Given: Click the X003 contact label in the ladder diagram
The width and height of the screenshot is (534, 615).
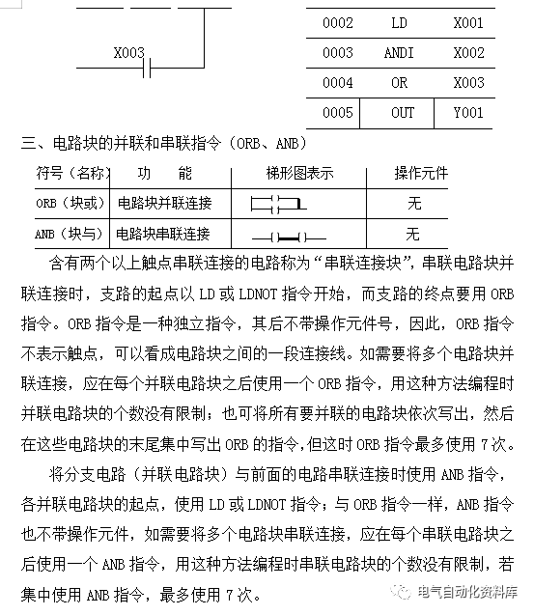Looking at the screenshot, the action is click(128, 52).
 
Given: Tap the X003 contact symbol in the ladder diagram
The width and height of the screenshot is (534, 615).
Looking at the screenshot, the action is click(143, 72).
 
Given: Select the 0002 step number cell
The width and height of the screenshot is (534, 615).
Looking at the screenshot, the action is click(338, 22).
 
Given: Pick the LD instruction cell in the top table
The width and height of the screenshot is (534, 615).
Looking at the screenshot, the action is click(400, 22).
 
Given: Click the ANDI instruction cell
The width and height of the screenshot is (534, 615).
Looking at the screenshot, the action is click(400, 52).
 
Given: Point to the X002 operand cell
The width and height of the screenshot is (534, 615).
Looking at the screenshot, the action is click(468, 52).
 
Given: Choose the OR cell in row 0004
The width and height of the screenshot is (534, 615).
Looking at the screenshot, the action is click(400, 83).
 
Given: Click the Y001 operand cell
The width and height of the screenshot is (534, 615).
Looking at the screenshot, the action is click(468, 113).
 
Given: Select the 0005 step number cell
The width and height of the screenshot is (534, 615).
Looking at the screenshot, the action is click(338, 113).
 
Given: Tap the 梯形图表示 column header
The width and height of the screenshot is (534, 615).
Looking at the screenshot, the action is click(299, 174).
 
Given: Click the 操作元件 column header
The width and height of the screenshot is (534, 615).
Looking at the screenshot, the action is click(421, 174).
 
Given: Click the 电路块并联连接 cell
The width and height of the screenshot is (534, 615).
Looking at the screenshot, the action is click(163, 204).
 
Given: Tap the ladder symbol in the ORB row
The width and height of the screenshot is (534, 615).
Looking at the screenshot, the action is click(277, 205).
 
